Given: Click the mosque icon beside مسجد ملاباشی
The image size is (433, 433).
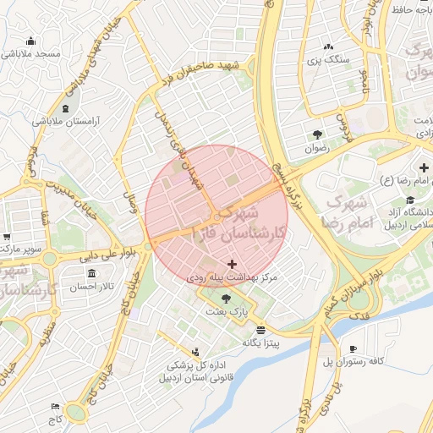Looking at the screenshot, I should tap(31, 41).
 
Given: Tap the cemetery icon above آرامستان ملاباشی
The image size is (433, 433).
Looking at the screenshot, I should tap(67, 109).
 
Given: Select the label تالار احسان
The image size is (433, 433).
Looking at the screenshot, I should tap(93, 288).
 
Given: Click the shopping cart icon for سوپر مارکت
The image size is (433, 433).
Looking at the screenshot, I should tap(7, 238).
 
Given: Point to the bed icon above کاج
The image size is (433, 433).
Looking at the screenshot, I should tap(56, 407).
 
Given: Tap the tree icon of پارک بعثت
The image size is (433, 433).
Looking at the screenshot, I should tap(226, 299).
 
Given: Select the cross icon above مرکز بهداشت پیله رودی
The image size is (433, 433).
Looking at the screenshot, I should tap(233, 266).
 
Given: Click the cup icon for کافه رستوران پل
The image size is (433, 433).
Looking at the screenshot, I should tap(353, 348).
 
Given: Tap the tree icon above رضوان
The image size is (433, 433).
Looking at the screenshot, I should tap(317, 134).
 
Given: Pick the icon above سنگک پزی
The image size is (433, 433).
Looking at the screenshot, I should tap(328, 47).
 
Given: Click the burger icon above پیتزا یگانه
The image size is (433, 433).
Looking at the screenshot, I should tap(260, 330).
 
